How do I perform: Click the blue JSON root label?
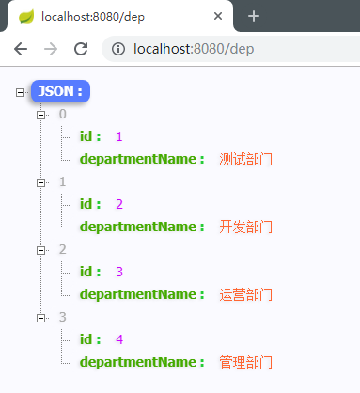[x=60, y=91]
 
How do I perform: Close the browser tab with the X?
[x=218, y=17]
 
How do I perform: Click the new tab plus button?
[x=254, y=17]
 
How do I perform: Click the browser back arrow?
[x=20, y=49]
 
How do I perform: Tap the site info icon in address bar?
[x=116, y=49]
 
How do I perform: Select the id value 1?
[x=119, y=136]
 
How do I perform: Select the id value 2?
[x=119, y=204]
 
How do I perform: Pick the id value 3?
[x=119, y=272]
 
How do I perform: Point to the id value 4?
[x=119, y=339]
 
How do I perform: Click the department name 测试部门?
[x=245, y=159]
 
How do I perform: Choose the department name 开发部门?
[x=245, y=227]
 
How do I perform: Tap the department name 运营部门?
[x=245, y=294]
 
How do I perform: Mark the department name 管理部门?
[x=245, y=362]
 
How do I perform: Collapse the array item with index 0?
[x=40, y=114]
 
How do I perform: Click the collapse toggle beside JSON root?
[x=21, y=91]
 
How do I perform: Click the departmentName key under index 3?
[x=141, y=362]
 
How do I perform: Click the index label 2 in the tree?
[x=63, y=249]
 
